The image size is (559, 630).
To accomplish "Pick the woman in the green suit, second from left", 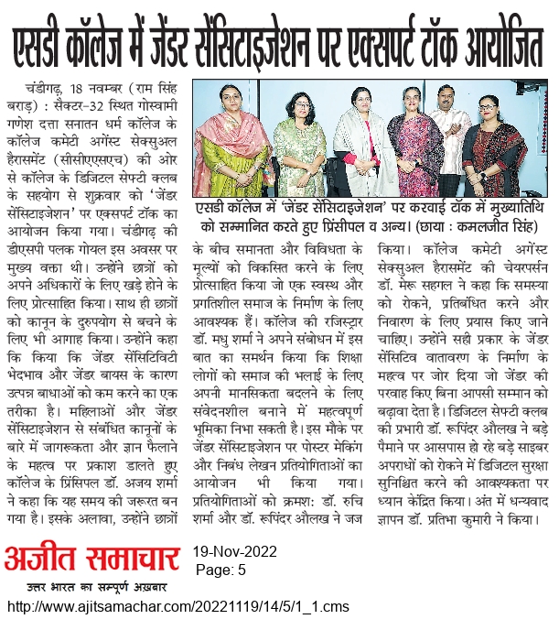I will click(x=293, y=147).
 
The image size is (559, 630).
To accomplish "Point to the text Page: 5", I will click(x=220, y=570).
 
